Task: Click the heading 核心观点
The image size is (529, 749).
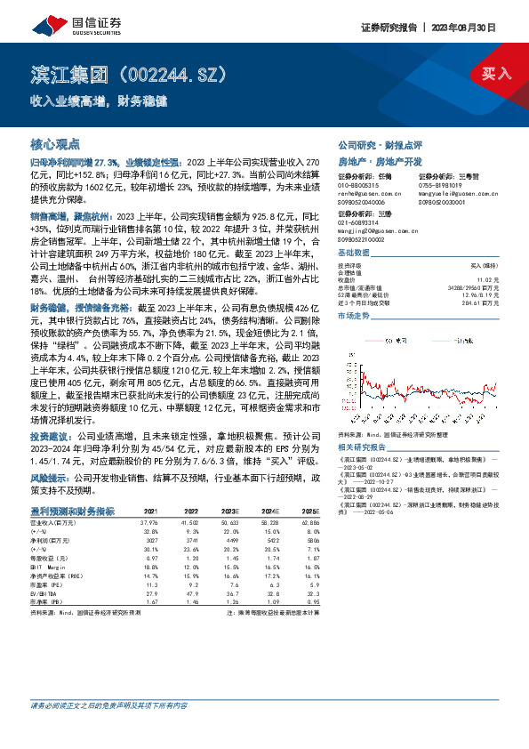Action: click(x=55, y=142)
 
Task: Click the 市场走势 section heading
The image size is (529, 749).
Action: click(x=356, y=315)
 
